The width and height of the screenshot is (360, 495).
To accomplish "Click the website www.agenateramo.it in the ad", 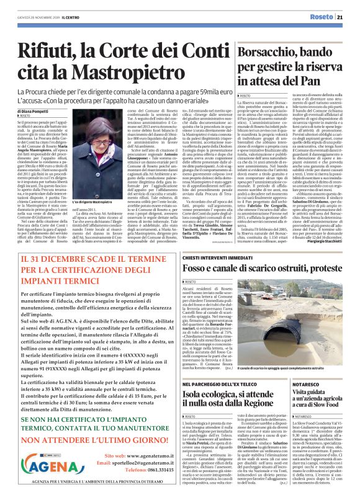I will click(146, 438).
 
